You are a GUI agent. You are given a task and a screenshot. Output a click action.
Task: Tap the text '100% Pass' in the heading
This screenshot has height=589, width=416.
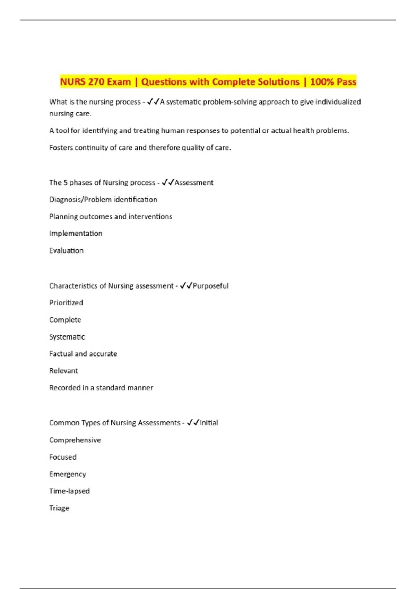[333, 82]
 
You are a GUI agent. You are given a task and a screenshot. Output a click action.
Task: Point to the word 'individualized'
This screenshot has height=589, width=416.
[338, 102]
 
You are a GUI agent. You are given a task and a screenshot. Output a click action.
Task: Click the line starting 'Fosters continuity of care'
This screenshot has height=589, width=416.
[140, 148]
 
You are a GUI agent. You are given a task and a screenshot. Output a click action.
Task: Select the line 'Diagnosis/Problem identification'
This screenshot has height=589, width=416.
[103, 200]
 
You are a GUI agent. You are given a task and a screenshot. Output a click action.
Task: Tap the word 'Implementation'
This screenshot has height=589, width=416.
[76, 234]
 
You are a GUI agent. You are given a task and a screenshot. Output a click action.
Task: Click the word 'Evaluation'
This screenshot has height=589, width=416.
[66, 250]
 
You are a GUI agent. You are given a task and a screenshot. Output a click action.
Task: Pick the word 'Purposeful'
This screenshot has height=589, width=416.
[211, 286]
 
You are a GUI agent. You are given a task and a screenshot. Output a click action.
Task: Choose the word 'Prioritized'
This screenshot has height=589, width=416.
[66, 303]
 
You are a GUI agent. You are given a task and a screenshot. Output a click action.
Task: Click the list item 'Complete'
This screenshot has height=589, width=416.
[65, 320]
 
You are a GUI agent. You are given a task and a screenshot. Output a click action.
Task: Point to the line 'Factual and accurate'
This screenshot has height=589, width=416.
[83, 354]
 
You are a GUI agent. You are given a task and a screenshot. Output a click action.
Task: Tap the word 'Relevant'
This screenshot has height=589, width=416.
[63, 371]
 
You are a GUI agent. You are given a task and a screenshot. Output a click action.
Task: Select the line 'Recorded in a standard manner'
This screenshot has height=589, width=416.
[101, 388]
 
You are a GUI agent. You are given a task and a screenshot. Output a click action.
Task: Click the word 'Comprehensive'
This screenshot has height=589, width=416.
[75, 440]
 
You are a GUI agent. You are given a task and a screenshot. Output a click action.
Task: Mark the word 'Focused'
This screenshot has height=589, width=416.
[63, 457]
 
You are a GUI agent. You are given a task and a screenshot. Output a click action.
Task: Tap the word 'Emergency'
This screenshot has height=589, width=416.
[68, 474]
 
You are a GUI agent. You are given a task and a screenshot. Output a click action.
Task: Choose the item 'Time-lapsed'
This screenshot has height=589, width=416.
[69, 491]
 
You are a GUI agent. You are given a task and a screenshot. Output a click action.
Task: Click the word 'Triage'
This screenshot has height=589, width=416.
[59, 508]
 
